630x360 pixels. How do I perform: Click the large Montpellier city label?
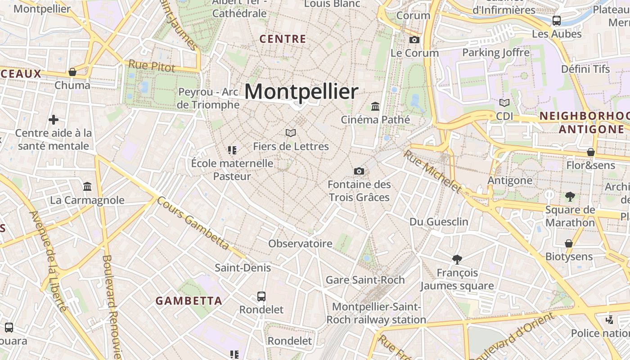tap(301, 92)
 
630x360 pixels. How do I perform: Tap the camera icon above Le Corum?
tap(414, 40)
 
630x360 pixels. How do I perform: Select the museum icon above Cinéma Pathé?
tap(375, 106)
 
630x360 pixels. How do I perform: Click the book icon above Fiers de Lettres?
tap(291, 133)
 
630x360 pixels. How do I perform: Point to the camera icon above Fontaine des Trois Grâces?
tap(359, 171)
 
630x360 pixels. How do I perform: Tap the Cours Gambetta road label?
tap(193, 223)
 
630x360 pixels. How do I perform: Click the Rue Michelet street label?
tap(432, 171)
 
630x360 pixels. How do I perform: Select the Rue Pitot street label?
tap(152, 66)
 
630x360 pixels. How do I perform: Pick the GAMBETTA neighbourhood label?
tap(189, 301)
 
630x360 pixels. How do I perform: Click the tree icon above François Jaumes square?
tap(457, 259)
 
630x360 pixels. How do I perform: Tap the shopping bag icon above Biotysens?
tap(569, 243)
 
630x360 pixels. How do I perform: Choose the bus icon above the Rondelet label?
tap(261, 296)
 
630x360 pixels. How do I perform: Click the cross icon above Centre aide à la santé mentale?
tap(54, 120)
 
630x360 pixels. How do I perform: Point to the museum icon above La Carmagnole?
tap(87, 186)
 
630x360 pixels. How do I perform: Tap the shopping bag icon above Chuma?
tap(72, 72)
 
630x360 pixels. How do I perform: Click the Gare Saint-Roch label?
tap(365, 280)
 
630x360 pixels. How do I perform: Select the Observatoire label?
tap(300, 244)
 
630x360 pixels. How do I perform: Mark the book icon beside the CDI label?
tap(504, 103)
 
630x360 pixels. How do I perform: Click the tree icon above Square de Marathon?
tap(570, 196)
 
